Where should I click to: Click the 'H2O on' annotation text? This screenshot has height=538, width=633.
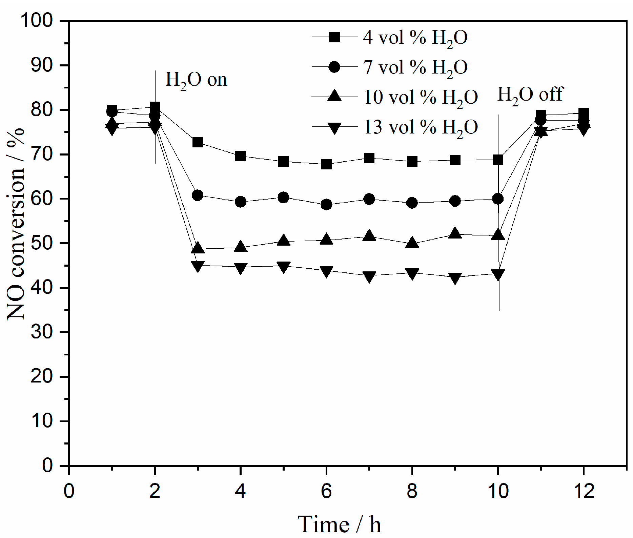click(x=196, y=80)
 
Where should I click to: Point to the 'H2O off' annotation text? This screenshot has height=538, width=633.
click(x=530, y=95)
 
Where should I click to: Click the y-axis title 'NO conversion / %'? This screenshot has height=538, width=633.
click(x=16, y=224)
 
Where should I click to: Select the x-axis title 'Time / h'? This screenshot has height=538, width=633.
click(x=339, y=524)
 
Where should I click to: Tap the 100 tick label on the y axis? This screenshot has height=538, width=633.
click(x=37, y=21)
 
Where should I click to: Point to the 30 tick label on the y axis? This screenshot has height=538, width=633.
click(x=42, y=332)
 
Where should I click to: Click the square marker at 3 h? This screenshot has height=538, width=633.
click(x=198, y=142)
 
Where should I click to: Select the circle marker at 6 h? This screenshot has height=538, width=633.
click(x=326, y=205)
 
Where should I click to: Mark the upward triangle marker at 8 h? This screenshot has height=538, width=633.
click(x=412, y=243)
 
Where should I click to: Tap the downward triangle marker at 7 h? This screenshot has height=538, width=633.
click(x=369, y=276)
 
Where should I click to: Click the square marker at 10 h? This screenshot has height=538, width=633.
click(x=498, y=160)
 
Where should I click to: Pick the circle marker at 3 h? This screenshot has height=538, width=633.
click(x=198, y=195)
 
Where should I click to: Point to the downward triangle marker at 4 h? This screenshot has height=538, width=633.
click(x=240, y=268)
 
